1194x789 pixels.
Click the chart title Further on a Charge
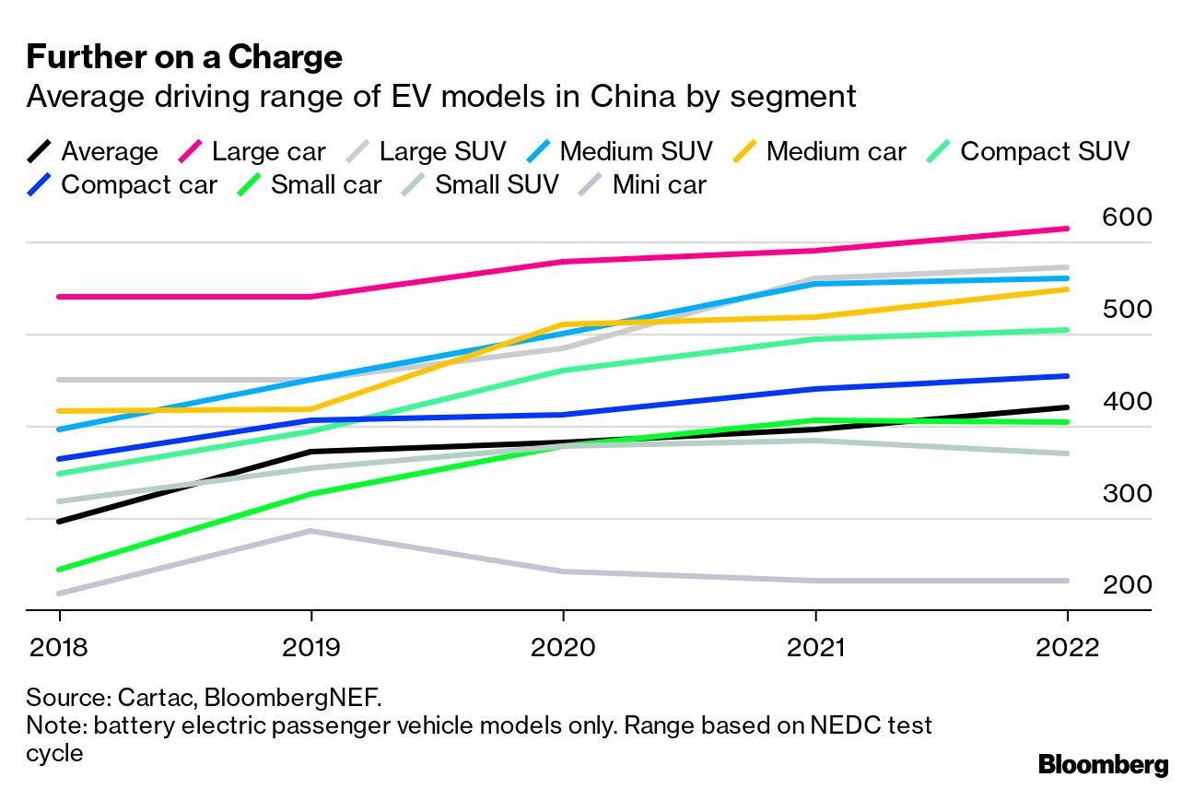click(184, 57)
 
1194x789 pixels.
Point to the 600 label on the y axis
click(1126, 218)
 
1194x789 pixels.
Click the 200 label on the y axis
click(1126, 585)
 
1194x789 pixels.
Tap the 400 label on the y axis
click(1126, 402)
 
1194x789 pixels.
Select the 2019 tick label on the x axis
click(310, 647)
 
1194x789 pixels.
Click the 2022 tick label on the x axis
click(1067, 647)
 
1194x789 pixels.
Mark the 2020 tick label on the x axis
click(563, 647)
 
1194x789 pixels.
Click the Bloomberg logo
click(1103, 764)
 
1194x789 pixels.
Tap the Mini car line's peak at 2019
click(311, 531)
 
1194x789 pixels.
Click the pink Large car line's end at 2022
click(1067, 229)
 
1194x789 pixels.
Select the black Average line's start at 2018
click(60, 522)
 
